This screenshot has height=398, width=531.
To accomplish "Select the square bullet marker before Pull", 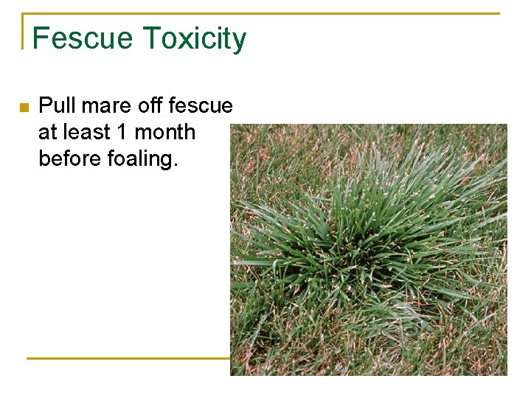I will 24,108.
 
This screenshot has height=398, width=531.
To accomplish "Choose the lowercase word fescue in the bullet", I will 201,106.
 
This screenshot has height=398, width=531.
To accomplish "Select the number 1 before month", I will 122,132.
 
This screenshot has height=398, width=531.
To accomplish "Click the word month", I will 166,132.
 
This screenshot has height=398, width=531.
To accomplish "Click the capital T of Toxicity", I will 150,38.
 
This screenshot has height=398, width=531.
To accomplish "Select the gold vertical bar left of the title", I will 24,31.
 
